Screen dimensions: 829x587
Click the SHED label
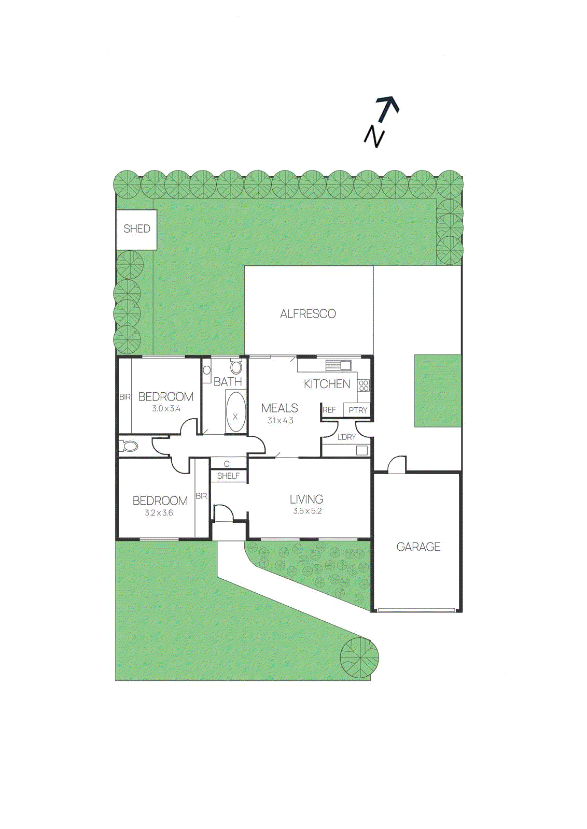136,228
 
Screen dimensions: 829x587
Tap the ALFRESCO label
308,313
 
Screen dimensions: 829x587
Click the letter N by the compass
374,136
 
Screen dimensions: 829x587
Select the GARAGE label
418,547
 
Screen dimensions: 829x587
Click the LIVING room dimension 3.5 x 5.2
307,511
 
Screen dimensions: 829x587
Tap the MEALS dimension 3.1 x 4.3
280,421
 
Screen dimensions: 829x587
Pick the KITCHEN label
327,384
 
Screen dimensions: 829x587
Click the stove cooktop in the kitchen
364,385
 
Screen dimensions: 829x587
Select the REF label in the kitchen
329,410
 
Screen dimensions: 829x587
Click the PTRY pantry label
358,410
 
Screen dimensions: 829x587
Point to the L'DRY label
346,437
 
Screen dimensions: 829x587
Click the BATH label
228,382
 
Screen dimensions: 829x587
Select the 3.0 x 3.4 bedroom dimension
166,409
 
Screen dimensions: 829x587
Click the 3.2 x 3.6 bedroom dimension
159,513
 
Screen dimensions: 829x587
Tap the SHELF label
228,476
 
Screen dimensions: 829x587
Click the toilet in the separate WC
129,446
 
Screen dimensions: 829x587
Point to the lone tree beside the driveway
359,658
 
